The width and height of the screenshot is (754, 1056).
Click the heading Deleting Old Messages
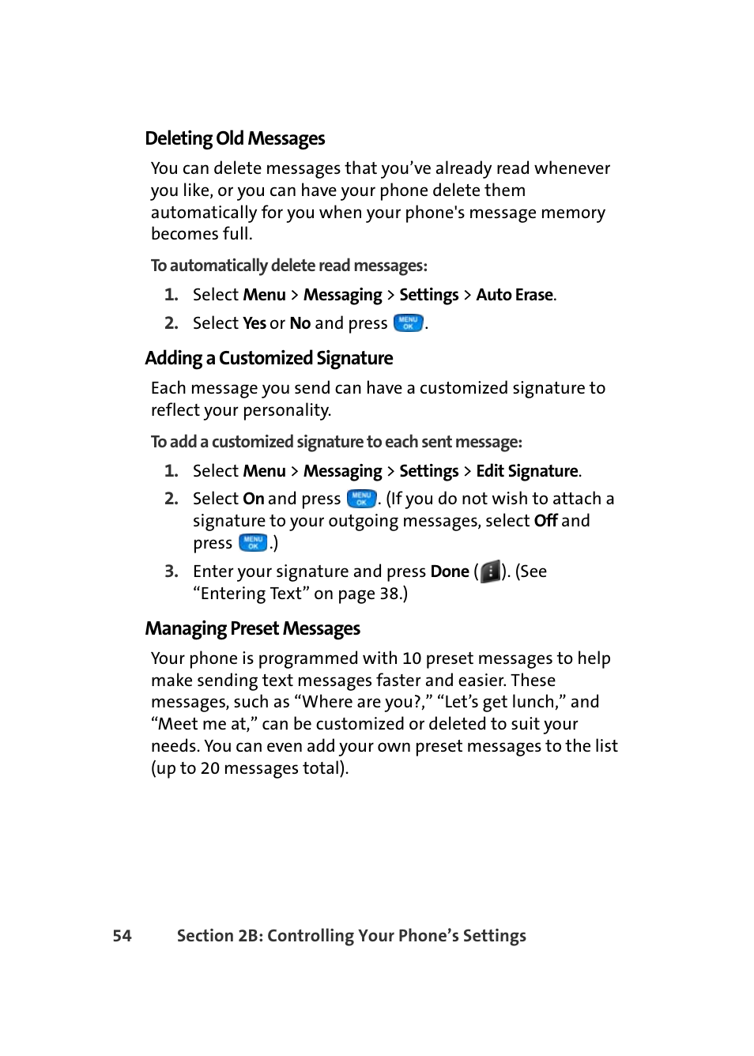pyautogui.click(x=235, y=138)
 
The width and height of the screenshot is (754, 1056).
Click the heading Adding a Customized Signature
pyautogui.click(x=269, y=358)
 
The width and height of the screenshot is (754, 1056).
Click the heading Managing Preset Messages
pyautogui.click(x=252, y=628)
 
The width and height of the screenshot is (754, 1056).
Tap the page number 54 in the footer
pyautogui.click(x=122, y=936)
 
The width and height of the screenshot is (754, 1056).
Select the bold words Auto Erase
pyautogui.click(x=514, y=295)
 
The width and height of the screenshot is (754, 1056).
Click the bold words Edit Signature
pyautogui.click(x=526, y=471)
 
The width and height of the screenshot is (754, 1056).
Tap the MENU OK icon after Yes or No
pyautogui.click(x=408, y=323)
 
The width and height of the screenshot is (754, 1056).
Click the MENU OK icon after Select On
pyautogui.click(x=361, y=499)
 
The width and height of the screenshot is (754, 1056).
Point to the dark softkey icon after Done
pyautogui.click(x=490, y=571)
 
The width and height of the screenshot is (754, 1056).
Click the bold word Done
pyautogui.click(x=449, y=571)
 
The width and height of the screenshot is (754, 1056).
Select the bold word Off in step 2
pyautogui.click(x=545, y=521)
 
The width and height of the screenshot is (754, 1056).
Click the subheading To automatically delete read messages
pyautogui.click(x=288, y=266)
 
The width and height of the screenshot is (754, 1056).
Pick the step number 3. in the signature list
pyautogui.click(x=172, y=571)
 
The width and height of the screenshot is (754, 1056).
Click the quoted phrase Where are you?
pyautogui.click(x=362, y=702)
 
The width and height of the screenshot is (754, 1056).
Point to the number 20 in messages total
pyautogui.click(x=209, y=768)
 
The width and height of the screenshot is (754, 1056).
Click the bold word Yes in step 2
pyautogui.click(x=254, y=323)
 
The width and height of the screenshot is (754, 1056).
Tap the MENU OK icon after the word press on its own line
pyautogui.click(x=253, y=543)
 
